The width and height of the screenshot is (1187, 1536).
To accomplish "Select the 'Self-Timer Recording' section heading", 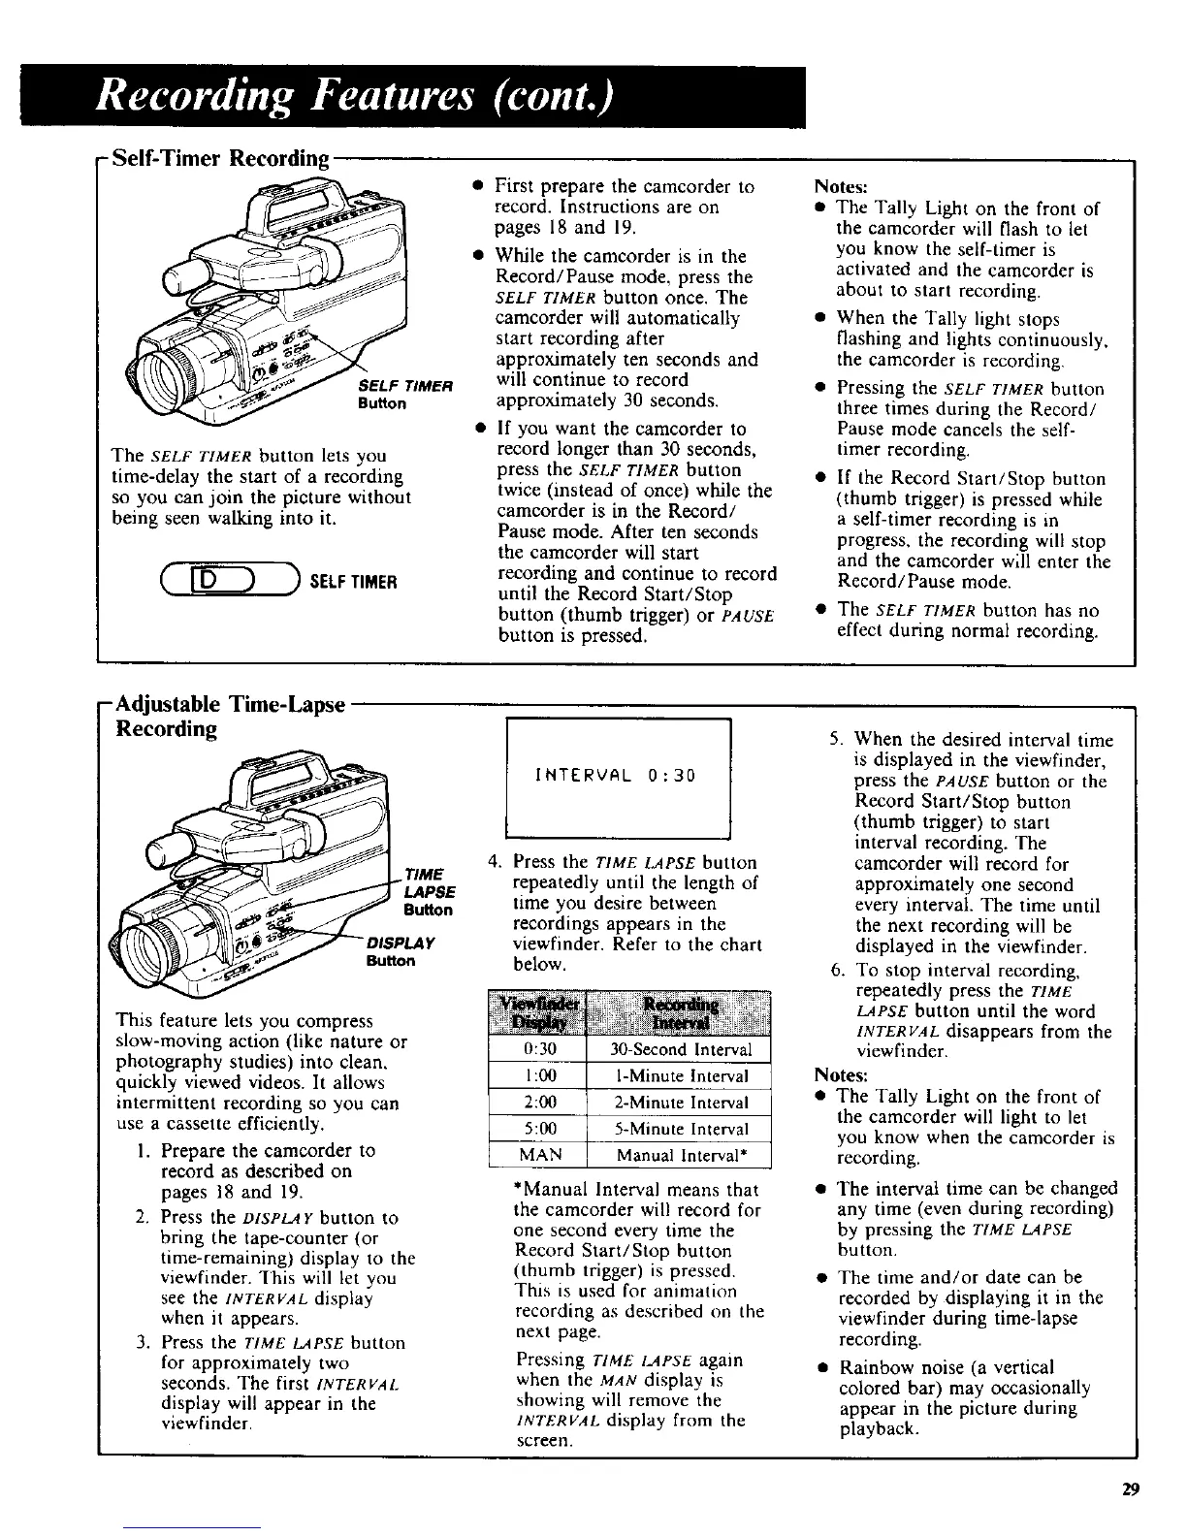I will pyautogui.click(x=220, y=157).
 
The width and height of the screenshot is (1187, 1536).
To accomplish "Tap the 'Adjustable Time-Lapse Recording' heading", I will pyautogui.click(x=229, y=716).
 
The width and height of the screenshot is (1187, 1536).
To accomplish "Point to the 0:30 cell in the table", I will pyautogui.click(x=538, y=1049).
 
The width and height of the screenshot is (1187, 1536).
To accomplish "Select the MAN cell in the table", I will pyautogui.click(x=538, y=1155).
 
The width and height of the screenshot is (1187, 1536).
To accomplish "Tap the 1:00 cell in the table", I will pyautogui.click(x=538, y=1075).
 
